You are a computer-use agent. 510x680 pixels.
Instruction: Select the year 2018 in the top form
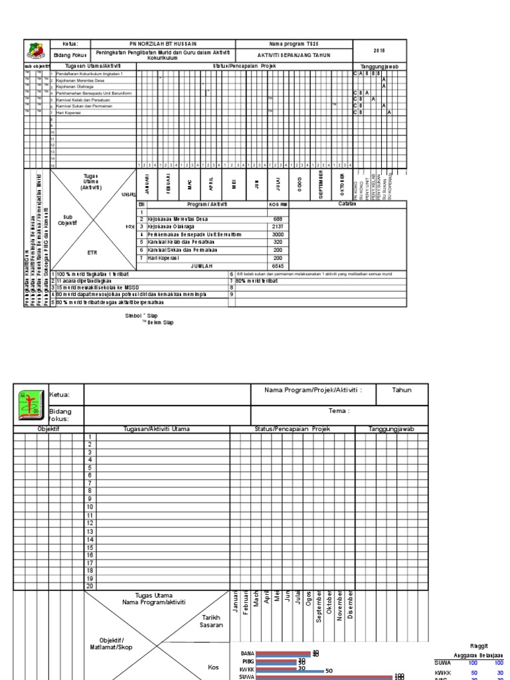coord(379,50)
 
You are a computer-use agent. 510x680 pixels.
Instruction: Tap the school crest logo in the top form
coord(37,51)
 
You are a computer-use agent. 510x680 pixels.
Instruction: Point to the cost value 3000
coord(278,234)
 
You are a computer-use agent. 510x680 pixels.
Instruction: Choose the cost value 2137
coord(278,226)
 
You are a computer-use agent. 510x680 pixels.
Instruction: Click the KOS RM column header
coord(278,204)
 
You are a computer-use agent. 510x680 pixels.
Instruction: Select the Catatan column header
coord(347,204)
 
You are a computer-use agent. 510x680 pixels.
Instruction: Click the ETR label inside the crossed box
coord(92,252)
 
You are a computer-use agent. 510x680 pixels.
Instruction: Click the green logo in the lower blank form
coord(32,406)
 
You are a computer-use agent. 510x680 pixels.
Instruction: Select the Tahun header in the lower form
coord(402,390)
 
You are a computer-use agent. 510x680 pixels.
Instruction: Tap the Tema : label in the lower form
coord(339,410)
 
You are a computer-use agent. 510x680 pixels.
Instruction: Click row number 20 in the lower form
coord(90,586)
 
